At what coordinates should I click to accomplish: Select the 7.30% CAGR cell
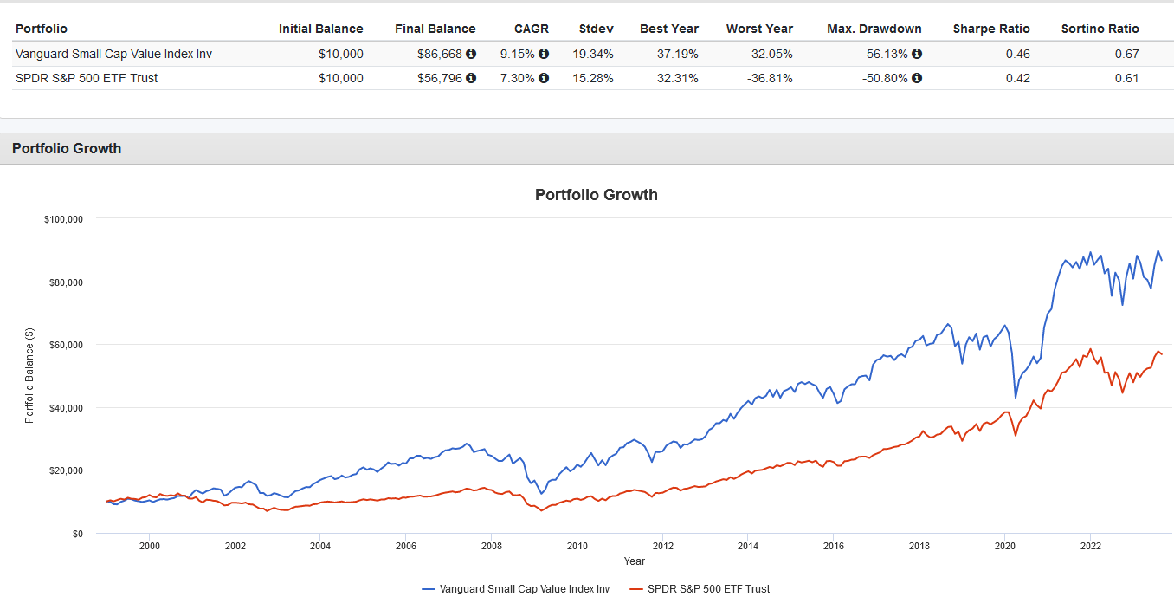pyautogui.click(x=518, y=78)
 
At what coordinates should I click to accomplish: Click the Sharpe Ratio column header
pyautogui.click(x=991, y=29)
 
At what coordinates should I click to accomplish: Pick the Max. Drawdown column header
pyautogui.click(x=874, y=29)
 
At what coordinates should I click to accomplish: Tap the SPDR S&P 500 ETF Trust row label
pyautogui.click(x=87, y=78)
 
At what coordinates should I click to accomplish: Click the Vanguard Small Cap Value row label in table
pyautogui.click(x=113, y=54)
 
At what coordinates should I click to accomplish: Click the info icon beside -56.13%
pyautogui.click(x=917, y=54)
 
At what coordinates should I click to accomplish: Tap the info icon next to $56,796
pyautogui.click(x=471, y=78)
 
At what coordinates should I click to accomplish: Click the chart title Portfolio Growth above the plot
pyautogui.click(x=596, y=195)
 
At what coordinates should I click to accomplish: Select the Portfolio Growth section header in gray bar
pyautogui.click(x=67, y=148)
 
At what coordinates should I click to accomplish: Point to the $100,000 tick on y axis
pyautogui.click(x=63, y=219)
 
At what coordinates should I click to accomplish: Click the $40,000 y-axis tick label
pyautogui.click(x=66, y=408)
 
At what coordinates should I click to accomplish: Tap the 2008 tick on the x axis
pyautogui.click(x=492, y=547)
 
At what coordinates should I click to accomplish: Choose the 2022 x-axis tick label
pyautogui.click(x=1090, y=547)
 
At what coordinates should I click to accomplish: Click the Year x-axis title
pyautogui.click(x=634, y=561)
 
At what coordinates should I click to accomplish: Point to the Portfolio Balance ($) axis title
pyautogui.click(x=29, y=375)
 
